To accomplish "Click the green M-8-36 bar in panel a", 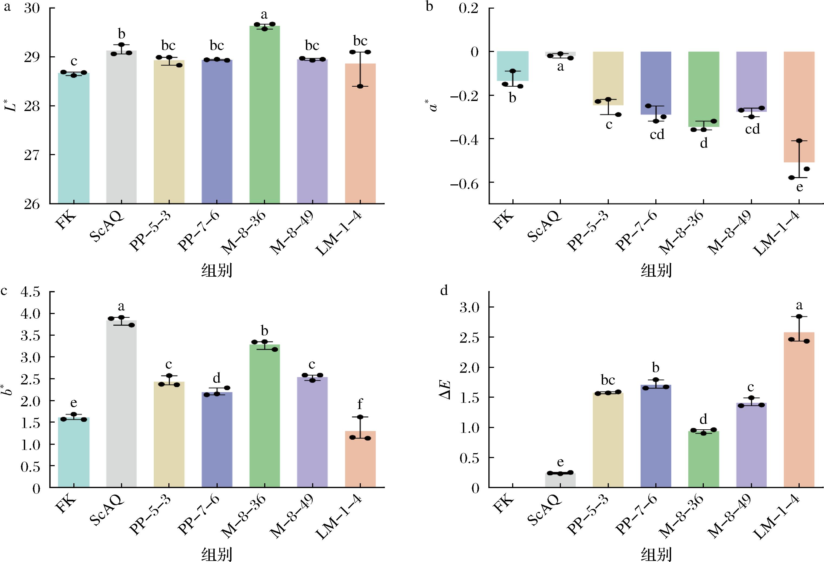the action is [x=264, y=115].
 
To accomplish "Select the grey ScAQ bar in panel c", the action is [x=122, y=404].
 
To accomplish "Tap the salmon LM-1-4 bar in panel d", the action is [x=799, y=410].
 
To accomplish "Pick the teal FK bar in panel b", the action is [x=513, y=66].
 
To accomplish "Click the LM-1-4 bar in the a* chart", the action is [x=799, y=107].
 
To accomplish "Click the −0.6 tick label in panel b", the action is [x=464, y=184].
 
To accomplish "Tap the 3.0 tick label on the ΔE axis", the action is [x=469, y=307].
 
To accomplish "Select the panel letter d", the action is [x=444, y=291].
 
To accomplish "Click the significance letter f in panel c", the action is [x=360, y=404].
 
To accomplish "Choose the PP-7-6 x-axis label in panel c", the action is [x=198, y=515].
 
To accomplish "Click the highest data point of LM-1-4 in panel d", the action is [x=799, y=316].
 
